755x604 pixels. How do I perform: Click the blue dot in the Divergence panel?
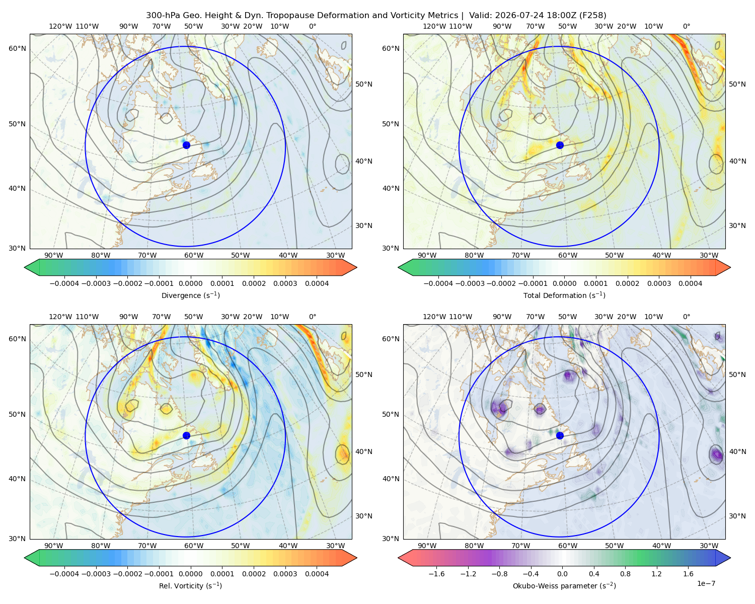tap(186, 145)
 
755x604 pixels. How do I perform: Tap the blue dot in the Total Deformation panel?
tap(560, 145)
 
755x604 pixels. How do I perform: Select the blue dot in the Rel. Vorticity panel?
tap(186, 435)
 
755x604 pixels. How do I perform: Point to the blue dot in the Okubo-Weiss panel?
tap(560, 435)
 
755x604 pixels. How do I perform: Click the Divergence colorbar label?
tap(190, 295)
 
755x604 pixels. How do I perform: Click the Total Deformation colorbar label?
tap(564, 295)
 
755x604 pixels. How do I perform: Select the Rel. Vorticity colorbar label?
tap(190, 585)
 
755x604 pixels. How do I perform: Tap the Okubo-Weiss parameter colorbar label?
tap(564, 585)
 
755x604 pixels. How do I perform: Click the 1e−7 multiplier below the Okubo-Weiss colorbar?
tap(706, 583)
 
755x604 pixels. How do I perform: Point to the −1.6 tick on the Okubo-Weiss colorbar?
tap(436, 573)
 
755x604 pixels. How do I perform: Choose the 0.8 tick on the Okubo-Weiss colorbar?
tap(625, 573)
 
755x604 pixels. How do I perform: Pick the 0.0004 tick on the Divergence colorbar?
tap(317, 283)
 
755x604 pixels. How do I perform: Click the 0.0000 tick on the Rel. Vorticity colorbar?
tap(190, 573)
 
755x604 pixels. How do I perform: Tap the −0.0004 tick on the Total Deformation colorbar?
tap(438, 283)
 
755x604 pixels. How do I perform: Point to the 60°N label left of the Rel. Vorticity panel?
tap(17, 339)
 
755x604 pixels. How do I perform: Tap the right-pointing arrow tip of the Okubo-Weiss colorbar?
tap(730, 558)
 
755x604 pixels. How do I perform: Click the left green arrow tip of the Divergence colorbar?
tap(25, 267)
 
